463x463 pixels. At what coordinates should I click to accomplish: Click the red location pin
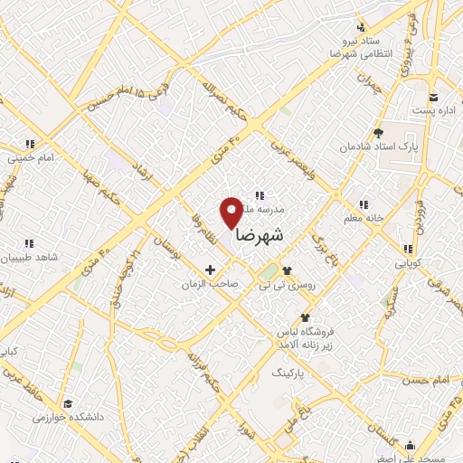click(232, 212)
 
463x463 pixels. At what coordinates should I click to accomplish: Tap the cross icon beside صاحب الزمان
click(211, 269)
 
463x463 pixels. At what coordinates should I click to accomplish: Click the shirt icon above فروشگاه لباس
click(305, 317)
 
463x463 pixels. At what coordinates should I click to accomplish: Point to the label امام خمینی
click(34, 157)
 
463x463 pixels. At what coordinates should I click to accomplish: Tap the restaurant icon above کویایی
click(408, 249)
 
